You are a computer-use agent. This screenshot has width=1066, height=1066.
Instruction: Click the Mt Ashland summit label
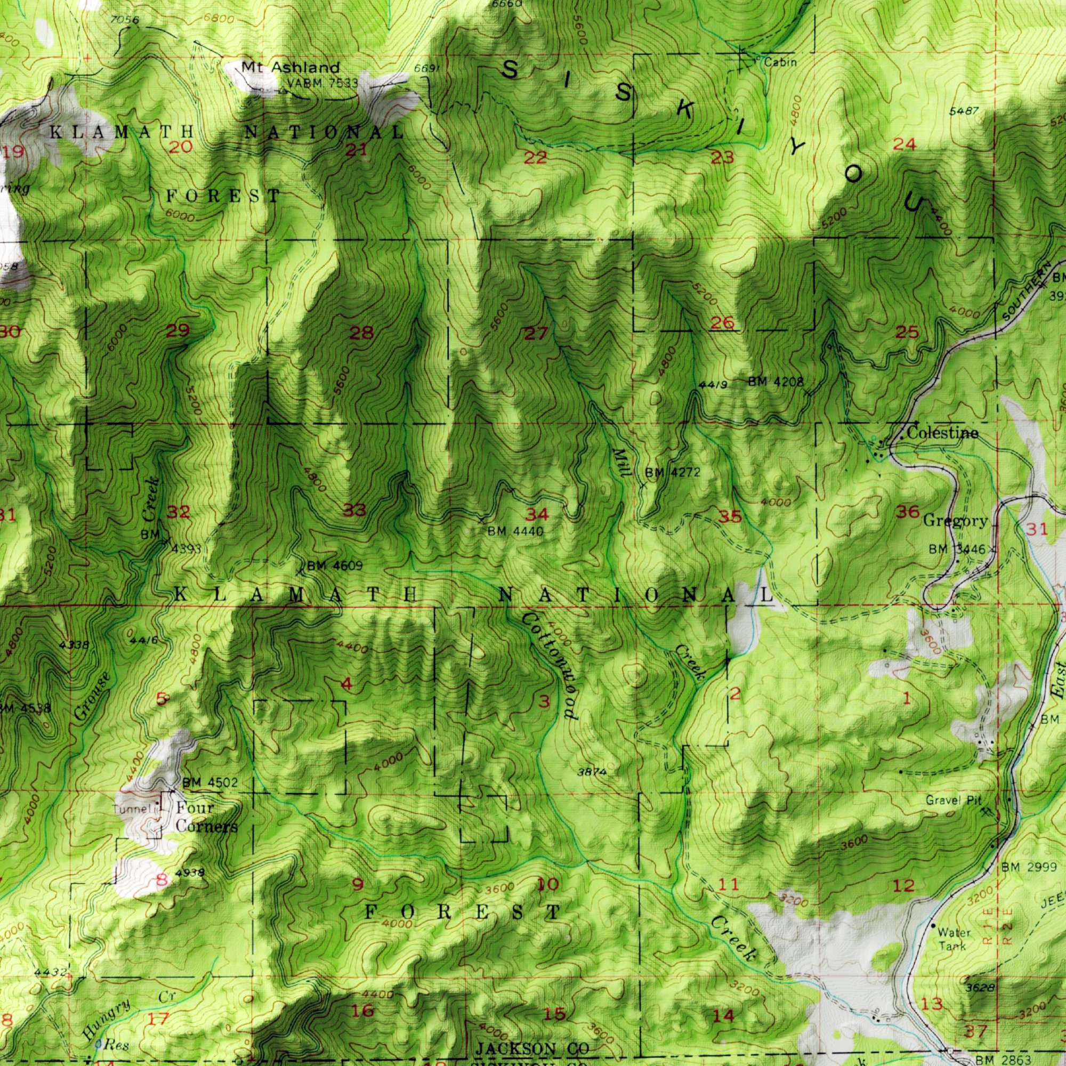pyautogui.click(x=290, y=68)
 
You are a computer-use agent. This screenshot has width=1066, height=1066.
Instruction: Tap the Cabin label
pyautogui.click(x=780, y=63)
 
